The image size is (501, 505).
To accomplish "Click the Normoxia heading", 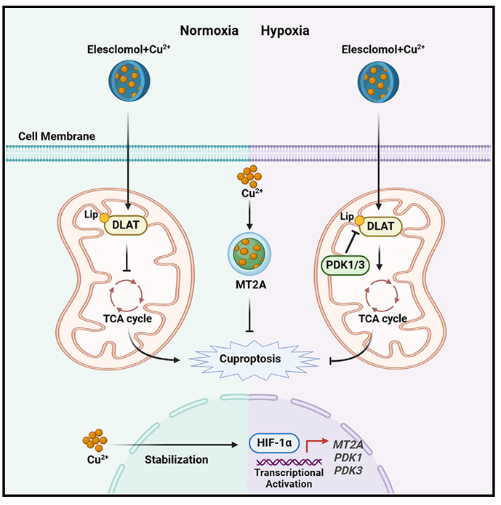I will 209,31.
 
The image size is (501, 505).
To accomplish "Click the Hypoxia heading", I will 285,31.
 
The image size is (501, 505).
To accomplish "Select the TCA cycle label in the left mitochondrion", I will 128,317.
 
